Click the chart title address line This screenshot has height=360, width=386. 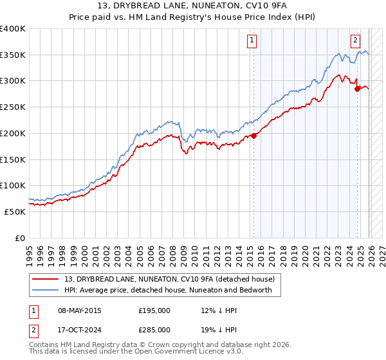click(192, 6)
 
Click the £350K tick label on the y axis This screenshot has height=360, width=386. click(12, 55)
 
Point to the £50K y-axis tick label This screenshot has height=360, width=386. click(15, 212)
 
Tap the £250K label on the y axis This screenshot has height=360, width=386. click(12, 107)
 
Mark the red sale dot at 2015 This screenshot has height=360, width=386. click(253, 136)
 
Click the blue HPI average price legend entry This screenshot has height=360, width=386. click(168, 290)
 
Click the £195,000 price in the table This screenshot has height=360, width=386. click(154, 310)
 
